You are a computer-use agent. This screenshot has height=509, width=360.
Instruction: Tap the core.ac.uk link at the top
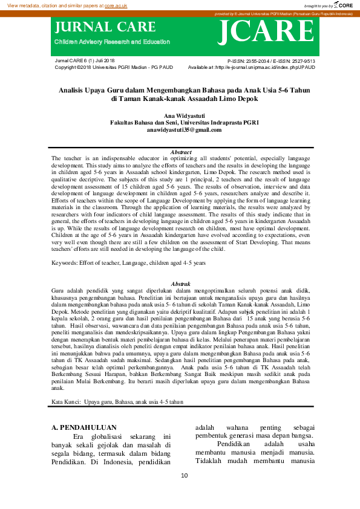(116, 5)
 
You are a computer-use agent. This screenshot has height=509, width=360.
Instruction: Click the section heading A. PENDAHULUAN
(82, 428)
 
